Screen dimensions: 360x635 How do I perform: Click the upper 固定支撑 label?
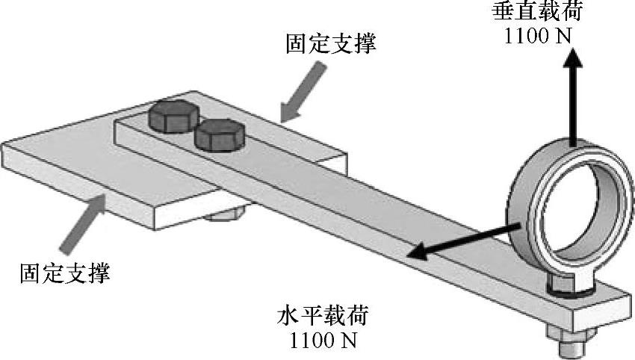pyautogui.click(x=330, y=43)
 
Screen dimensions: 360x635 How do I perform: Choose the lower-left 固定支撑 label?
pyautogui.click(x=65, y=273)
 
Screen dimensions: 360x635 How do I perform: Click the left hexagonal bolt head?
pyautogui.click(x=171, y=117)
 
